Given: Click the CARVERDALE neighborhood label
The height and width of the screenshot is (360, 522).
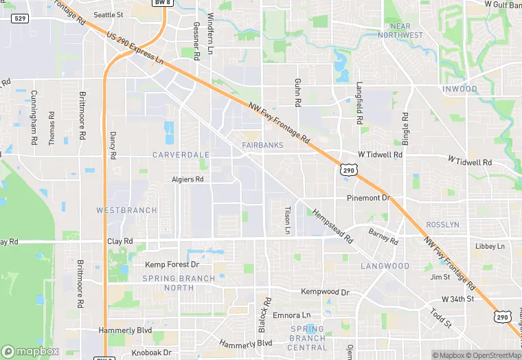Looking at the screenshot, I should click(x=181, y=155).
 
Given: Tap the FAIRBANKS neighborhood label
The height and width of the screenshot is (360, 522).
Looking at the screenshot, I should click(x=262, y=145).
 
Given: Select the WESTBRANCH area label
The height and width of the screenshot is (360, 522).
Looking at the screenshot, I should click(x=126, y=210).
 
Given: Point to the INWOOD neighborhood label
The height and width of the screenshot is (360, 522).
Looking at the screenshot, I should click(x=459, y=89).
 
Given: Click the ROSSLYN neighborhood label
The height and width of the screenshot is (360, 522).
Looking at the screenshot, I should click(x=462, y=225).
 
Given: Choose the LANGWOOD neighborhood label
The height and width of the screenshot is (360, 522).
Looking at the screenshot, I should click(x=385, y=266).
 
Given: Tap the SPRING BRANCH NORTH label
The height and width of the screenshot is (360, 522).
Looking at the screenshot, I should click(x=179, y=283).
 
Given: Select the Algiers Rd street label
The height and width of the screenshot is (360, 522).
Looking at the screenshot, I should click(x=188, y=179).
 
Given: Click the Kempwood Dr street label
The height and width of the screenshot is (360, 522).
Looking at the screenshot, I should click(x=326, y=292).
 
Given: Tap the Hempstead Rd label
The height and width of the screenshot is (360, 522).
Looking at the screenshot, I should click(x=332, y=227).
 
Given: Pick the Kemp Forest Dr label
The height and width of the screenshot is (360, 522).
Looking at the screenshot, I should click(x=172, y=265).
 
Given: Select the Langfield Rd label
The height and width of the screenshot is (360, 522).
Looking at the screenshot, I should click(x=359, y=103).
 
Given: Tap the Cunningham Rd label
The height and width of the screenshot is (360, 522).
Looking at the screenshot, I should click(x=34, y=126).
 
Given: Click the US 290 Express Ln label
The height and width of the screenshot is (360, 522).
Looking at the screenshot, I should click(x=135, y=50).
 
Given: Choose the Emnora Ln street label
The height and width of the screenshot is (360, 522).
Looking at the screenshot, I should click(x=291, y=315).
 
